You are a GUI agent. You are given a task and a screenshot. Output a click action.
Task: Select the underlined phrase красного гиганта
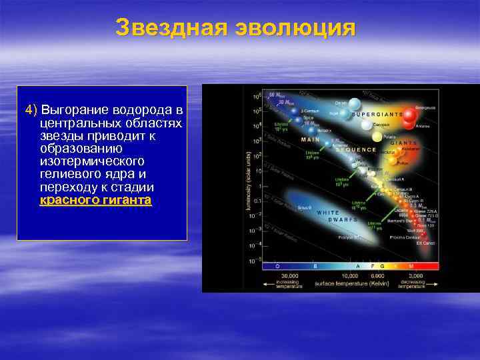(x=95, y=199)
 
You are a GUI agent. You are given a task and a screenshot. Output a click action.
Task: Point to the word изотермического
(x=92, y=161)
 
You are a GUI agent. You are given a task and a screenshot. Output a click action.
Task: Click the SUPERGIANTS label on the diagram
(x=377, y=114)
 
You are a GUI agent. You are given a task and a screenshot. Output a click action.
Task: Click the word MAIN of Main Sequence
(x=310, y=140)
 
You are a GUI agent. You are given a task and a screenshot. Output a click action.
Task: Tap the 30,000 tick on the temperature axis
(x=289, y=275)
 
